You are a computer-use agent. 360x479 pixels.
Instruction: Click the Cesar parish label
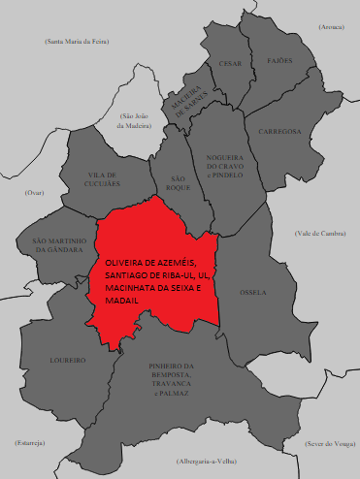click(x=230, y=63)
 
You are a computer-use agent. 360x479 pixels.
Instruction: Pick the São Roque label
click(x=177, y=184)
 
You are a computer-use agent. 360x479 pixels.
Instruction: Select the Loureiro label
click(x=68, y=360)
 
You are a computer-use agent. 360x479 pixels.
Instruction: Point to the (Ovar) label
click(x=35, y=193)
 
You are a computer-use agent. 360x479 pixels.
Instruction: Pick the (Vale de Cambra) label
click(x=320, y=234)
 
